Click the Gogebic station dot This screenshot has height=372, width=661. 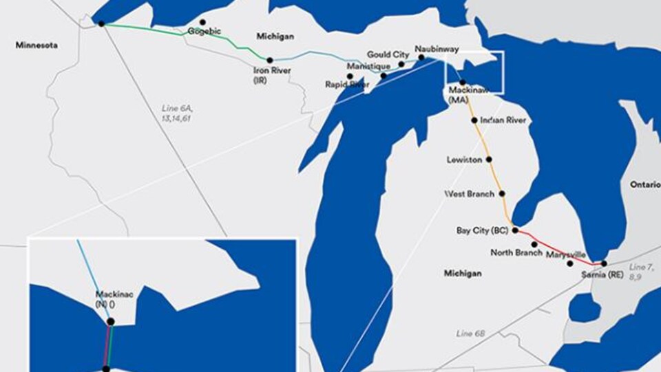[202, 22]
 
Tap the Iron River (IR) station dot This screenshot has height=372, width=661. [270, 61]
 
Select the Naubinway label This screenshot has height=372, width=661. [436, 50]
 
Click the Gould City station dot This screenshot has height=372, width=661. [401, 64]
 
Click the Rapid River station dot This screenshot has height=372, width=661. [350, 76]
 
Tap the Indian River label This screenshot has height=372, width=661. [503, 120]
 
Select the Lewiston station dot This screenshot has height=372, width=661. [490, 160]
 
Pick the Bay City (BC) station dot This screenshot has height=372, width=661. [515, 230]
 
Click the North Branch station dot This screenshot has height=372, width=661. [534, 244]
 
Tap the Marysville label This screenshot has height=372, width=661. [565, 255]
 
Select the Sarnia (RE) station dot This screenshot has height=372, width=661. [604, 263]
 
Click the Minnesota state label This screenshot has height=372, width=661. [36, 45]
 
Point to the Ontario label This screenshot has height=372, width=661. [644, 184]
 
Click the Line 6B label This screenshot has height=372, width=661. [470, 333]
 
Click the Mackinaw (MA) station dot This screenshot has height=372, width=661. [463, 83]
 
